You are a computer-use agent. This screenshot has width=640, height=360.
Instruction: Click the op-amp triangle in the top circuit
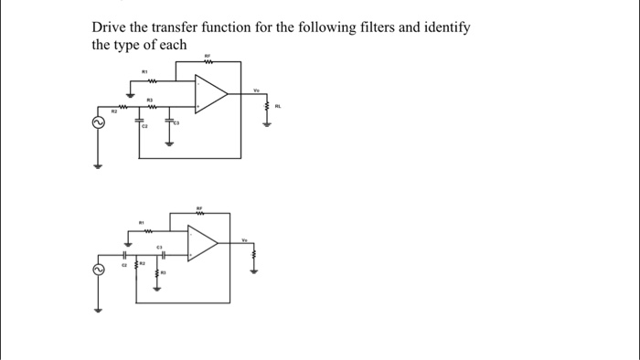click(x=211, y=92)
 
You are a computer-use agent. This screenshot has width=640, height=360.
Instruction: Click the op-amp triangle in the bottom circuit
click(x=202, y=242)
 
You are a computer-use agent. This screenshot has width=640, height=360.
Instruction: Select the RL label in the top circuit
click(x=279, y=106)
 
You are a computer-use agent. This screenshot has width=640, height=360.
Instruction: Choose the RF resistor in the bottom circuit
click(x=200, y=214)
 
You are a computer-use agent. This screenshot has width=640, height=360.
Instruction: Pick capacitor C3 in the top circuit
click(x=169, y=121)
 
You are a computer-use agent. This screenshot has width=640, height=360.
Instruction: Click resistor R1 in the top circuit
click(x=144, y=79)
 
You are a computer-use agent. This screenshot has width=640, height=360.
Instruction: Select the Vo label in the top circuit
click(x=257, y=90)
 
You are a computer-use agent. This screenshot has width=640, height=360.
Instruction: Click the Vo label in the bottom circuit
click(x=245, y=240)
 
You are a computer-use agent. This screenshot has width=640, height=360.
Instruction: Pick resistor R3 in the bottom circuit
click(x=157, y=272)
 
